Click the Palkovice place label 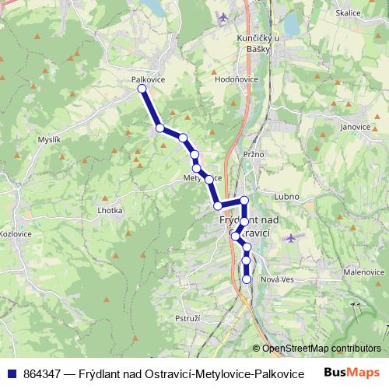[x=148, y=79]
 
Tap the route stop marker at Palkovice [x=142, y=89]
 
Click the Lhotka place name [x=110, y=210]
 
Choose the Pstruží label [x=188, y=319]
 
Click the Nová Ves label [x=278, y=280]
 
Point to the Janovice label [x=355, y=126]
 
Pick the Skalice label [x=348, y=13]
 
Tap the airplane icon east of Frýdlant [x=291, y=237]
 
